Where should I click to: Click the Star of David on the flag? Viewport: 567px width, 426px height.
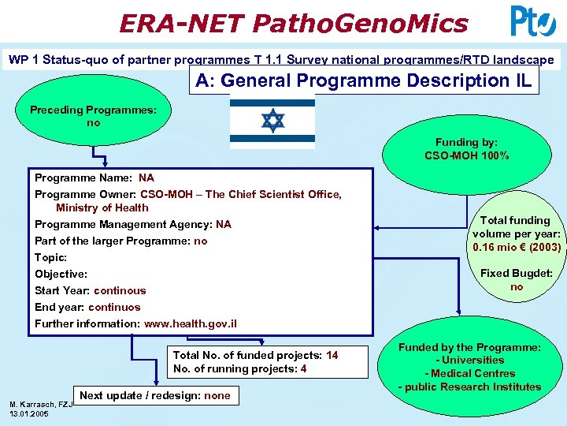click(272, 121)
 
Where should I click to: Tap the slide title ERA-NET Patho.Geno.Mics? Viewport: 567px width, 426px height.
click(293, 23)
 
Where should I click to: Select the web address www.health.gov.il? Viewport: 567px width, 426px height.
click(190, 324)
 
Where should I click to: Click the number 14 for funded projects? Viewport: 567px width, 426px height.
click(332, 355)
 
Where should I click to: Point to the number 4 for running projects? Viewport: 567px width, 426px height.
click(304, 368)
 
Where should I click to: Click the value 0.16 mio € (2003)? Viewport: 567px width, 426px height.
click(517, 247)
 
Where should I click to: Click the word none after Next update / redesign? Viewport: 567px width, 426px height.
click(217, 395)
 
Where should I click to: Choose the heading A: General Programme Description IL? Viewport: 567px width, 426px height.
click(364, 80)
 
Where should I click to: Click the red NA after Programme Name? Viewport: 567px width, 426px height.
click(146, 177)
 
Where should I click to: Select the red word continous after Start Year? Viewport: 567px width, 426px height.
click(120, 290)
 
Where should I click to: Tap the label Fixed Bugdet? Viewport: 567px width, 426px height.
click(517, 273)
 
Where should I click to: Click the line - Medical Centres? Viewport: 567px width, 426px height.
click(470, 373)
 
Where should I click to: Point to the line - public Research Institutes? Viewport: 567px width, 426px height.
click(469, 387)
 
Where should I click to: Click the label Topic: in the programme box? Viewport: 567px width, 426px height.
click(50, 257)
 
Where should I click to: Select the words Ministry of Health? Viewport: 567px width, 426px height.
click(102, 207)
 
